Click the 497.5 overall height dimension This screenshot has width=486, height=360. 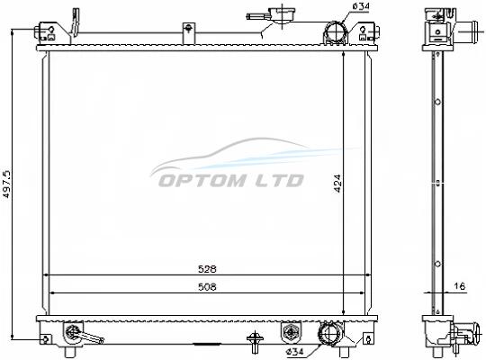pyautogui.click(x=6, y=184)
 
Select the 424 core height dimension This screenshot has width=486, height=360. pyautogui.click(x=337, y=184)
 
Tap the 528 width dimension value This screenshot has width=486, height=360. pyautogui.click(x=207, y=269)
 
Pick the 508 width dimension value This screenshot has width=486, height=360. pyautogui.click(x=207, y=287)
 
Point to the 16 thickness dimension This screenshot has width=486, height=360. pyautogui.click(x=459, y=286)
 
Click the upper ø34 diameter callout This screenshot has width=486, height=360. pyautogui.click(x=361, y=5)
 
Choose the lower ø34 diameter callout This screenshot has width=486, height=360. pyautogui.click(x=295, y=352)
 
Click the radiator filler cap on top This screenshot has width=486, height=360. pyautogui.click(x=281, y=14)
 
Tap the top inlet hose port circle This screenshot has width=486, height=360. pyautogui.click(x=336, y=31)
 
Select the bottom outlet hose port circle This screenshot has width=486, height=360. pyautogui.click(x=329, y=334)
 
